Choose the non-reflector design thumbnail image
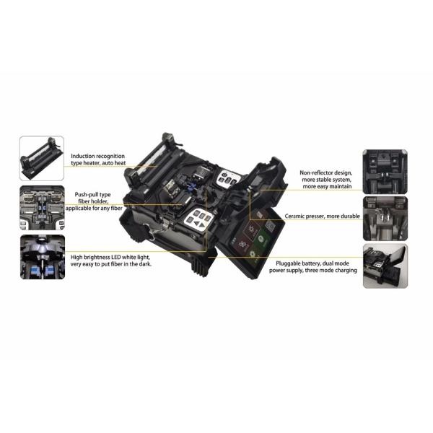385,171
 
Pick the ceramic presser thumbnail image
385,218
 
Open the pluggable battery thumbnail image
385,266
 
